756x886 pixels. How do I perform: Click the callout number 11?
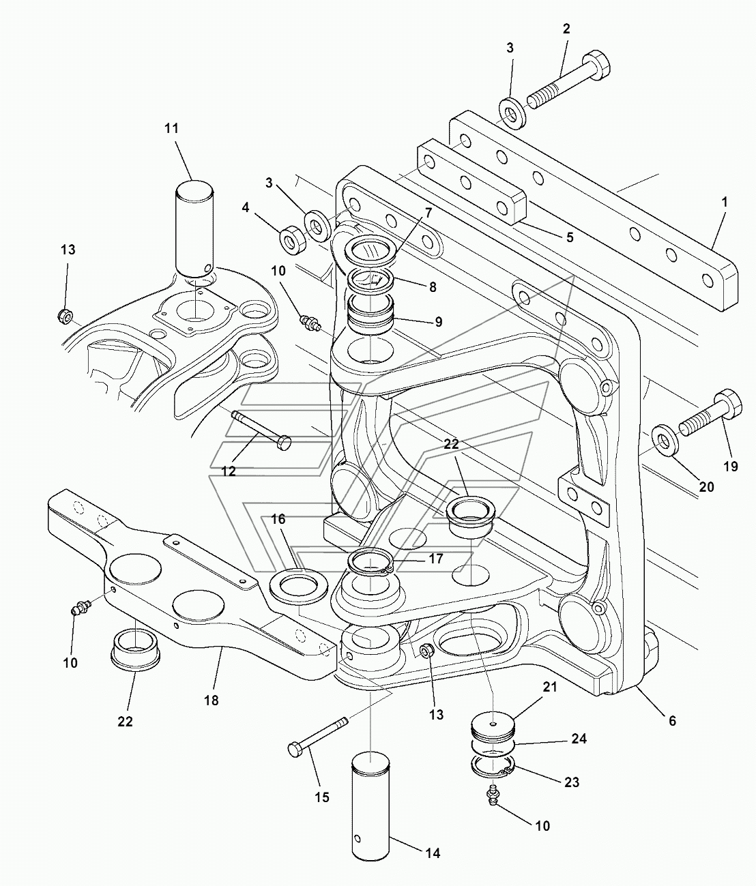click(171, 128)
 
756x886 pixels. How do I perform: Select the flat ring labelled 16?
click(298, 587)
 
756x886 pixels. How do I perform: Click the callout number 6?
click(672, 721)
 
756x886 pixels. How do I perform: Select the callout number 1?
click(724, 202)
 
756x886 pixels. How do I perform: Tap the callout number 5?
click(570, 237)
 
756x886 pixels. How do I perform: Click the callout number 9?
click(438, 321)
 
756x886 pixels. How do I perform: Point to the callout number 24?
click(579, 739)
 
